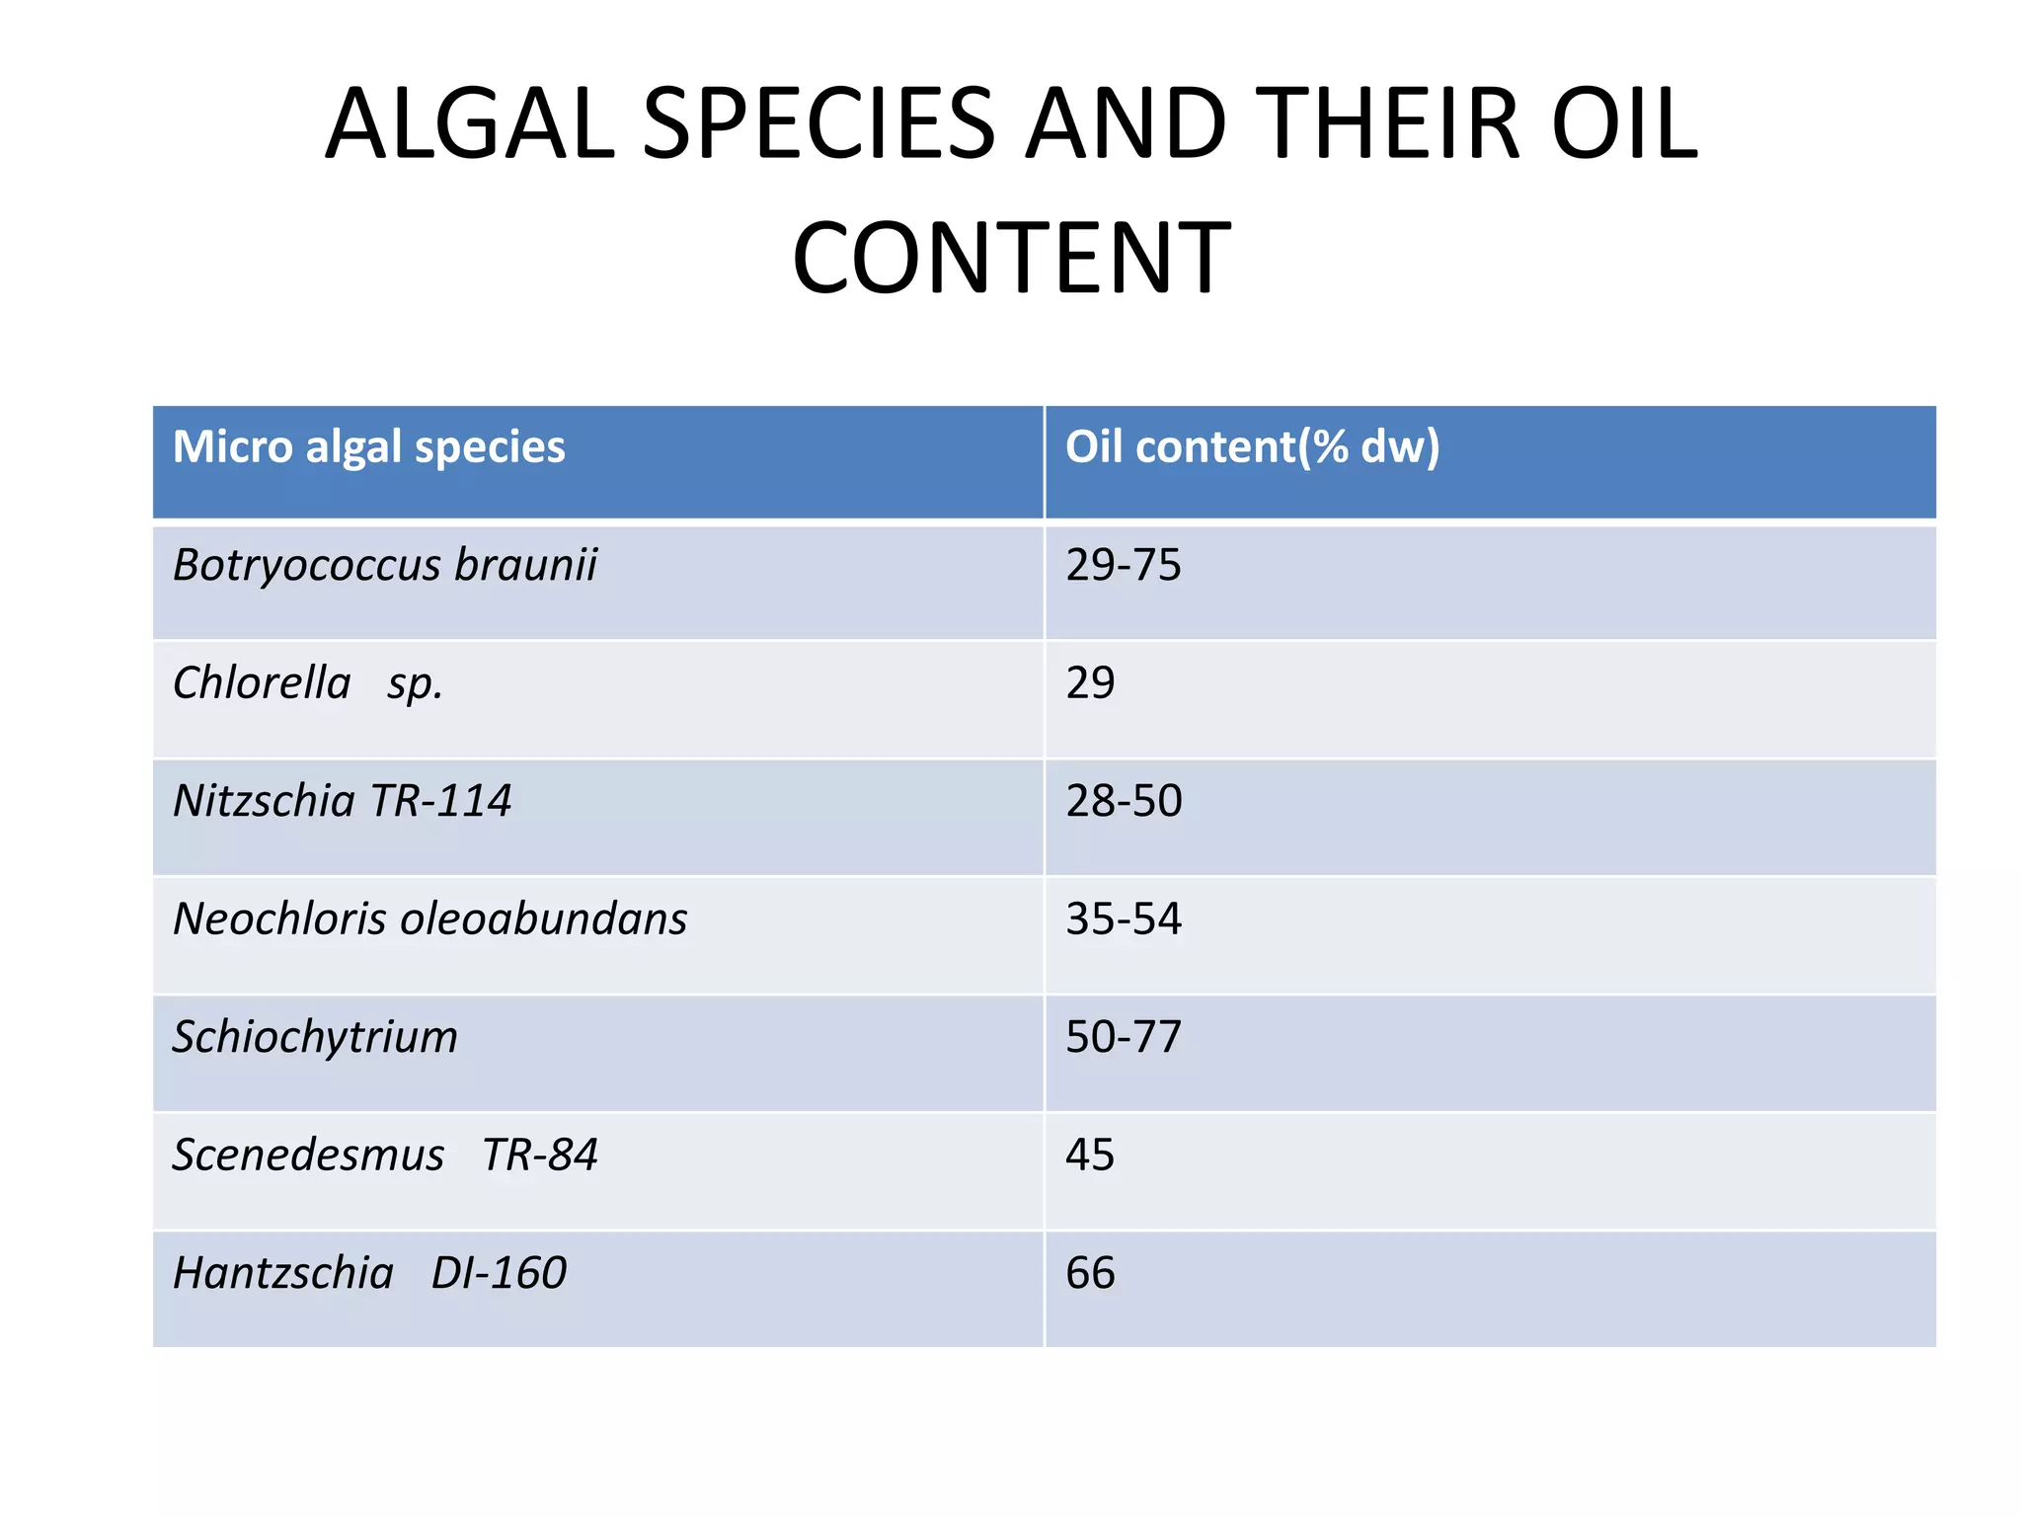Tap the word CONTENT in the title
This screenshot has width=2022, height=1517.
click(1011, 258)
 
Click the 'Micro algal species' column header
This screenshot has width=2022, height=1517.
click(368, 446)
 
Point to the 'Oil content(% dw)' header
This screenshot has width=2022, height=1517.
click(1252, 446)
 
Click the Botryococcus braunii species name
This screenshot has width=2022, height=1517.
click(385, 566)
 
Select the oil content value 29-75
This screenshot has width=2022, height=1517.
click(1123, 565)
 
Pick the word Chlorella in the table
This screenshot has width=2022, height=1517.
click(262, 683)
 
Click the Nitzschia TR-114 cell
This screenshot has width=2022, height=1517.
click(342, 801)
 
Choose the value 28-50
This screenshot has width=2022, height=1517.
click(1124, 801)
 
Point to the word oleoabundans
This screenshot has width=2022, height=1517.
click(543, 918)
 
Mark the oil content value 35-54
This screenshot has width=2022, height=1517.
click(1123, 918)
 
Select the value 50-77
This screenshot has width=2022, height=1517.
click(1123, 1037)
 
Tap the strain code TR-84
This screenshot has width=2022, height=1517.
click(540, 1155)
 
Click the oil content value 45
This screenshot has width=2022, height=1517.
click(1090, 1155)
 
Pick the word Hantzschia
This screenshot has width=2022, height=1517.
click(283, 1273)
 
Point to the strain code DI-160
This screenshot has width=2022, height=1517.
click(499, 1273)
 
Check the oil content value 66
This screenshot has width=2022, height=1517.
click(1090, 1273)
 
